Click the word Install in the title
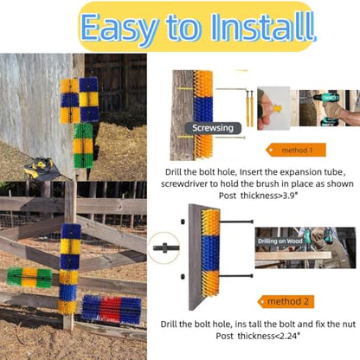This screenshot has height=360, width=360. coord(262,27)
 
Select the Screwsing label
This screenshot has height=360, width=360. coord(213,128)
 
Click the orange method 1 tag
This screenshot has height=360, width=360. coord(296,150)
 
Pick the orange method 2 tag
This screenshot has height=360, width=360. coord(286,302)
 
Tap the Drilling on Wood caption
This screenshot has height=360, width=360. coord(280,241)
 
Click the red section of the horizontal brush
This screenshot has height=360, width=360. coord(111,309)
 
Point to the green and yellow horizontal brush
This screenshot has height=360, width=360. coord(29,278)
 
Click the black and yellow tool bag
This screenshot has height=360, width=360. coord(42,168)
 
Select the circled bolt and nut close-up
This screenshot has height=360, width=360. coord(164,247)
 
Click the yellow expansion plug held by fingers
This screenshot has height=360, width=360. coord(277,108)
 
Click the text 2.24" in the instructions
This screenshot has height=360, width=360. coord(287,336)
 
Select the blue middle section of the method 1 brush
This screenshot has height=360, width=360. coord(203,111)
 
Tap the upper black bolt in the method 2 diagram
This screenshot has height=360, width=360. coord(236,222)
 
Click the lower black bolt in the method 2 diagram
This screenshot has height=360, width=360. coord(236,276)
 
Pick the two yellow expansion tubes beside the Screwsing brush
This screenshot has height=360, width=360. coord(250,108)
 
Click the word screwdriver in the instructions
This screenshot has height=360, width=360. coord(184,183)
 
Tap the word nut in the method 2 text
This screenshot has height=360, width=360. coord(350,324)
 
